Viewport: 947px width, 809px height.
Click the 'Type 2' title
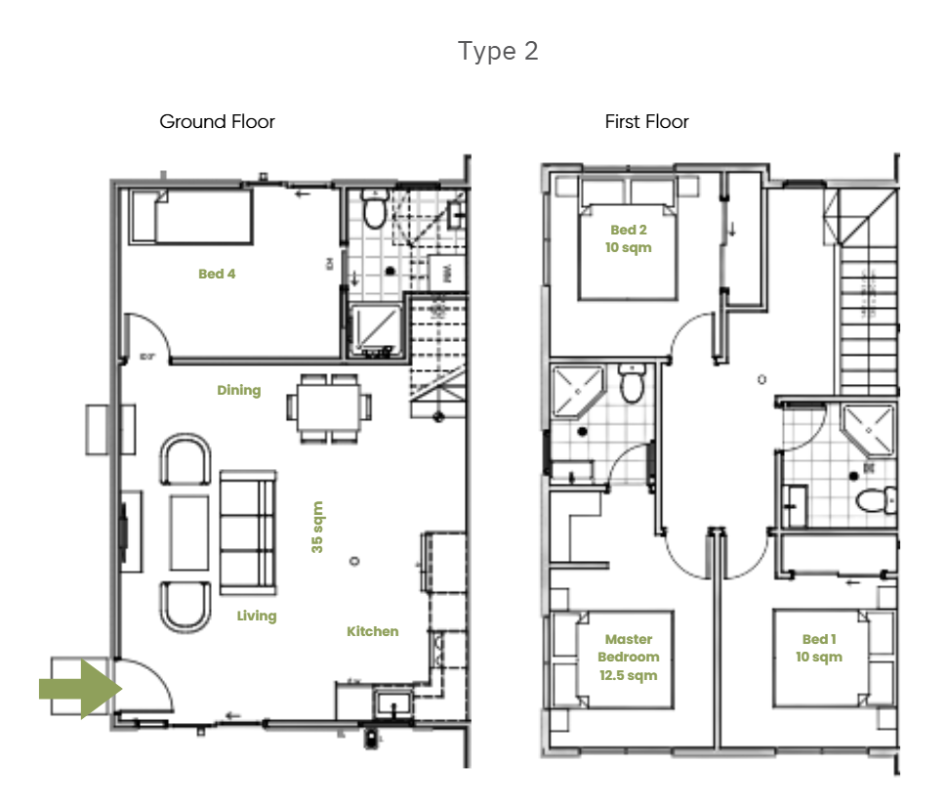point(498,51)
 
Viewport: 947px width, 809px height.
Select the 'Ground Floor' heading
point(217,122)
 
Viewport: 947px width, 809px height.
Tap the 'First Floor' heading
point(646,122)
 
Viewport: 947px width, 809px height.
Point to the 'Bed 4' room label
point(217,275)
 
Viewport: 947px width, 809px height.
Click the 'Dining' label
point(239,391)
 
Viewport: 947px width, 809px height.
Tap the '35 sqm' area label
point(317,528)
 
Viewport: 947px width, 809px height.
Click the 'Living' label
point(257,617)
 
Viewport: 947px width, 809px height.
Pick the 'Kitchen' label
point(373,632)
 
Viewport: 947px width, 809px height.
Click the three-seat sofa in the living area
point(247,532)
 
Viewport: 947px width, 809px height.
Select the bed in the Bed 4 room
point(191,216)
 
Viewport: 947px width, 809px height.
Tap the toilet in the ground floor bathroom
point(373,209)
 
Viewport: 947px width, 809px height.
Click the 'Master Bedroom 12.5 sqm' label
point(628,658)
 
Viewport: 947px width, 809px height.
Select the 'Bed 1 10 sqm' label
point(818,648)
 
